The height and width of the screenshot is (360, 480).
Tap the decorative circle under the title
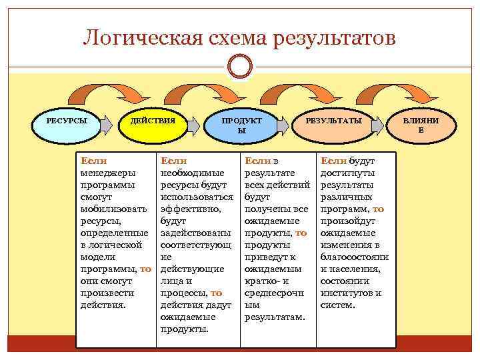[239, 67]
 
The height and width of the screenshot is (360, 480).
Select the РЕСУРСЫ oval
[67, 124]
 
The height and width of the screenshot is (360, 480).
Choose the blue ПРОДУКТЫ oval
[241, 125]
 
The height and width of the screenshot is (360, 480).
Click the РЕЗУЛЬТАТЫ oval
[333, 124]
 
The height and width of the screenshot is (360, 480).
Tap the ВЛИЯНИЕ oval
[420, 125]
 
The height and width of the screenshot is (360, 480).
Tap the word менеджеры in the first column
[107, 173]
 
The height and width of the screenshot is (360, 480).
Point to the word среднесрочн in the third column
[274, 293]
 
